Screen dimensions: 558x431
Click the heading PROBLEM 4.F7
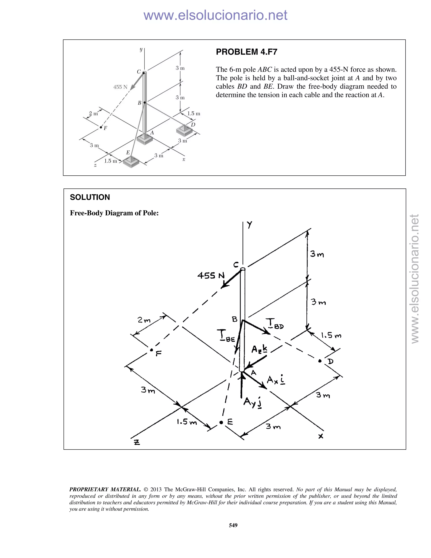point(246,52)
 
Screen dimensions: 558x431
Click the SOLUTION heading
point(90,197)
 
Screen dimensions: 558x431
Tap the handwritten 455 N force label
point(211,275)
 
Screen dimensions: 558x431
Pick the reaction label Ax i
point(276,380)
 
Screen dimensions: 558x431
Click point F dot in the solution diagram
point(151,350)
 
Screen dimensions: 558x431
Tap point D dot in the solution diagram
point(320,361)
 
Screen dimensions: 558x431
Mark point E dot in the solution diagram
point(221,423)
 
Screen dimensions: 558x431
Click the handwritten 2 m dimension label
point(144,320)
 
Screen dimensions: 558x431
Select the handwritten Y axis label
point(249,225)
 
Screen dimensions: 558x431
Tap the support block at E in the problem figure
point(131,162)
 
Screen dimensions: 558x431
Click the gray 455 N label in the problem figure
point(120,87)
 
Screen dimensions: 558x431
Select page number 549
point(233,525)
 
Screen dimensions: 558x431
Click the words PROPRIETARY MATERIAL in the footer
point(105,490)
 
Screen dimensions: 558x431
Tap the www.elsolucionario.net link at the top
point(215,15)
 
